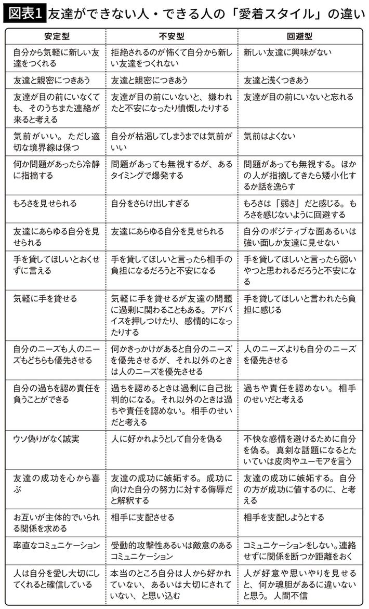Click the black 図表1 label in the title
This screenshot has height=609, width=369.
coord(24,12)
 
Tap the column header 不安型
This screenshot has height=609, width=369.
coord(172,38)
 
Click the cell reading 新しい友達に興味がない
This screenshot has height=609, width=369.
coord(287,53)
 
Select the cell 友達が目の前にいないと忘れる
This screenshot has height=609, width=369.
coord(298,97)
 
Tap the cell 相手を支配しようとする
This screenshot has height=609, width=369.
coord(284,518)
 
